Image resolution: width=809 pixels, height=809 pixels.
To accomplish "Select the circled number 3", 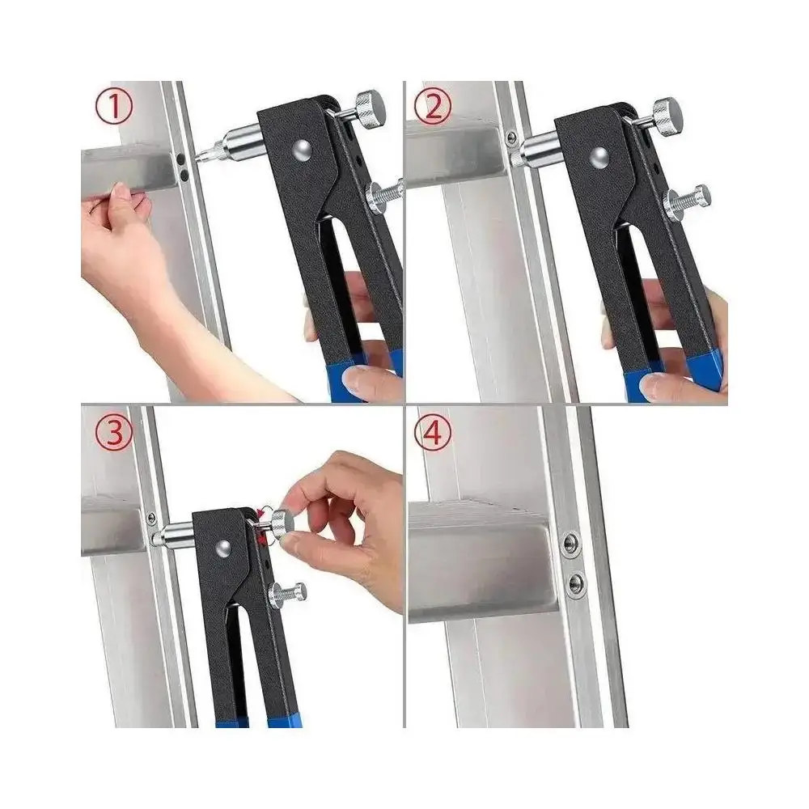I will pos(113,433).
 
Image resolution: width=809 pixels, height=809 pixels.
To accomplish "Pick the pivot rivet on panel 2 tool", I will pos(599,155).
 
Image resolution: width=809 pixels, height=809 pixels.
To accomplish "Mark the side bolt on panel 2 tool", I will pos(684,199).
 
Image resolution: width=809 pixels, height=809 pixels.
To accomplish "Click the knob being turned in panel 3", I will pos(282,523).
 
